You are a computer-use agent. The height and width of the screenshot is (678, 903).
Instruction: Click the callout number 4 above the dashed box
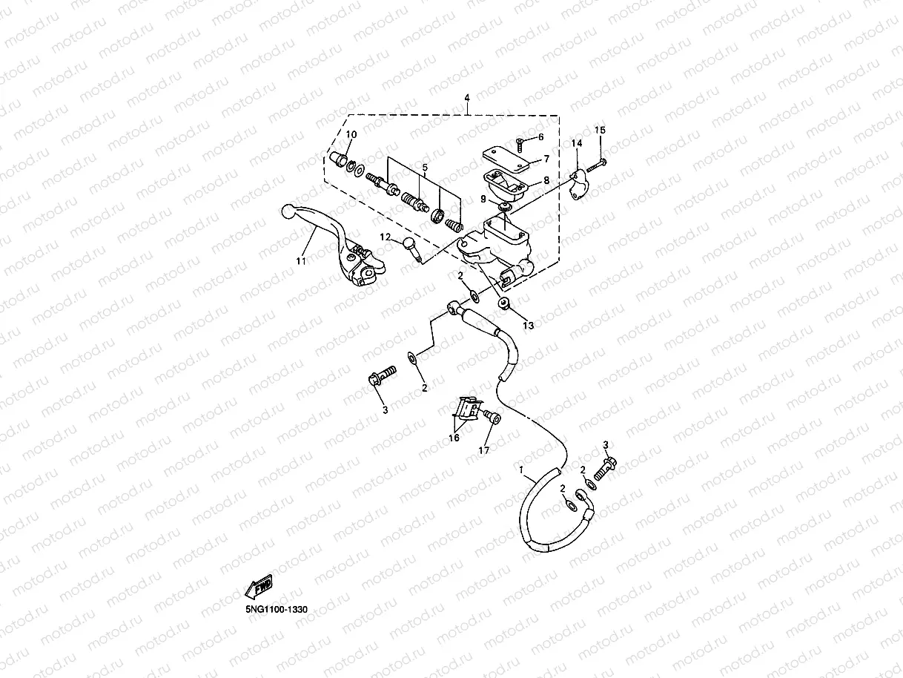click(x=467, y=99)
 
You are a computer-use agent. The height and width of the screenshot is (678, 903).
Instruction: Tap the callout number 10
click(x=351, y=134)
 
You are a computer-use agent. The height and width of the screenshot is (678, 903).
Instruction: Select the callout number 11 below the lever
click(x=301, y=261)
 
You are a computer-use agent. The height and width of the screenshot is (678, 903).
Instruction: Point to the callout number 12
click(x=386, y=237)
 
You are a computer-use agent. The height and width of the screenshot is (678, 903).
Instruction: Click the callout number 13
click(x=528, y=325)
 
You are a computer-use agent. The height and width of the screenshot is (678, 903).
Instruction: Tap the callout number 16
click(x=454, y=438)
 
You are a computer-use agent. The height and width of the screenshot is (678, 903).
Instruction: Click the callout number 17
click(x=484, y=450)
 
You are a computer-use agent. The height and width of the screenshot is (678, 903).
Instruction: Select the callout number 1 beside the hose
click(x=522, y=470)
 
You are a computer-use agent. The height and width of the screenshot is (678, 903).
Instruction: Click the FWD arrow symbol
click(x=259, y=588)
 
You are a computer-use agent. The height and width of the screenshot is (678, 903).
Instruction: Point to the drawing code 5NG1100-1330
click(x=277, y=609)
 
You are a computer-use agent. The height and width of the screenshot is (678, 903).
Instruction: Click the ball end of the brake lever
click(x=289, y=212)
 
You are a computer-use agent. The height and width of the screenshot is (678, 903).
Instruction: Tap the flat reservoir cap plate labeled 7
click(x=504, y=158)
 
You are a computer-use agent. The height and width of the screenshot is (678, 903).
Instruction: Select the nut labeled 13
click(x=504, y=303)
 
